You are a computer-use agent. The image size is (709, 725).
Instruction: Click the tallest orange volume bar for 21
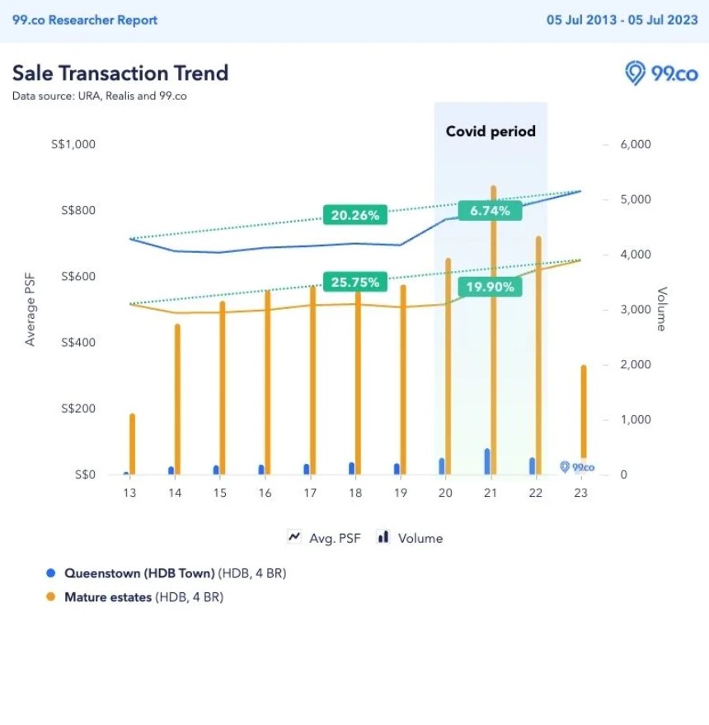click(493, 330)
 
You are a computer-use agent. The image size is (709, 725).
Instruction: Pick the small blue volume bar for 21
click(487, 461)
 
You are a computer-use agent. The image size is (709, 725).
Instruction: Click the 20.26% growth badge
click(355, 216)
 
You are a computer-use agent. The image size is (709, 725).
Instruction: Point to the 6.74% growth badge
click(491, 211)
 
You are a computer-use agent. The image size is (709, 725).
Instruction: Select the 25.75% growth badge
click(355, 283)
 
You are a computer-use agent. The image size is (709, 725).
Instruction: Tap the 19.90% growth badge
click(491, 287)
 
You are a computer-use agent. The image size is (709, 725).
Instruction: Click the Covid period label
click(491, 131)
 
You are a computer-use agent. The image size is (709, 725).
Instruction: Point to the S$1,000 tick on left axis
click(73, 144)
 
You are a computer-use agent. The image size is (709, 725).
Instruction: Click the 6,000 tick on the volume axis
click(636, 144)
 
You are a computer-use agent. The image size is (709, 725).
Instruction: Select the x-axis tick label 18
click(354, 493)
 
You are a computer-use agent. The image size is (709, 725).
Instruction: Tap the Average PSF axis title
click(31, 309)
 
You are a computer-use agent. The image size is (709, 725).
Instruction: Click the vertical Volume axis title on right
click(660, 309)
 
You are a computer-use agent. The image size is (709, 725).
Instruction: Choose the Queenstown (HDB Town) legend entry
click(175, 573)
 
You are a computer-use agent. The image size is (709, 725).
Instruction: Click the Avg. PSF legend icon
click(294, 537)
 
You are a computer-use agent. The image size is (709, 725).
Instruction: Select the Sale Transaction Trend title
click(120, 72)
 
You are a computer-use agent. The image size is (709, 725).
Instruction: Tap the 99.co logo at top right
click(662, 73)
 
